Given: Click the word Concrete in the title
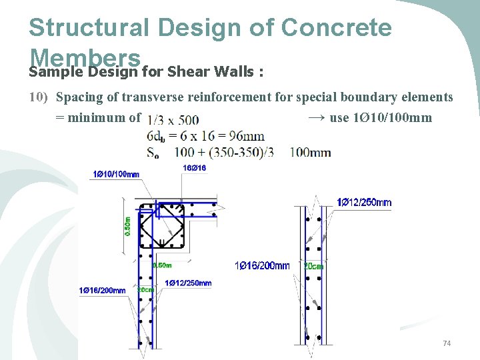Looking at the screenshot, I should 337,27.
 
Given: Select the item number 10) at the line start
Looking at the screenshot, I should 39,97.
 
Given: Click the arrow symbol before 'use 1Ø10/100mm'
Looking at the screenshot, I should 317,118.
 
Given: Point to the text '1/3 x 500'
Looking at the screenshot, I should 172,120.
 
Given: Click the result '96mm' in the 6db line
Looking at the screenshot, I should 249,136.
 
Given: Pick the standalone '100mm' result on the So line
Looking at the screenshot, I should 310,153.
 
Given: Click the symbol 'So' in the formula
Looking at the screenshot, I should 153,153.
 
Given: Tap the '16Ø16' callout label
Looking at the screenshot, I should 195,168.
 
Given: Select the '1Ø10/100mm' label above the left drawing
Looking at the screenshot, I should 115,175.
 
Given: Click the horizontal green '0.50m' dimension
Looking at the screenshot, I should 162,265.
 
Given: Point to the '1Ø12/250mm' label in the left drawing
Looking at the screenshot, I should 188,283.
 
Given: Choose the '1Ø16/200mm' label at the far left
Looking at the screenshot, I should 102,290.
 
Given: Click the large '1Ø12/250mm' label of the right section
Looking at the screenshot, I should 364,203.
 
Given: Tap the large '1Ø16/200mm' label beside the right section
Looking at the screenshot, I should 262,266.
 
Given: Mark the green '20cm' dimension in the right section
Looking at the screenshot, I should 313,266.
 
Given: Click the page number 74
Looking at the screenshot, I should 447,343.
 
